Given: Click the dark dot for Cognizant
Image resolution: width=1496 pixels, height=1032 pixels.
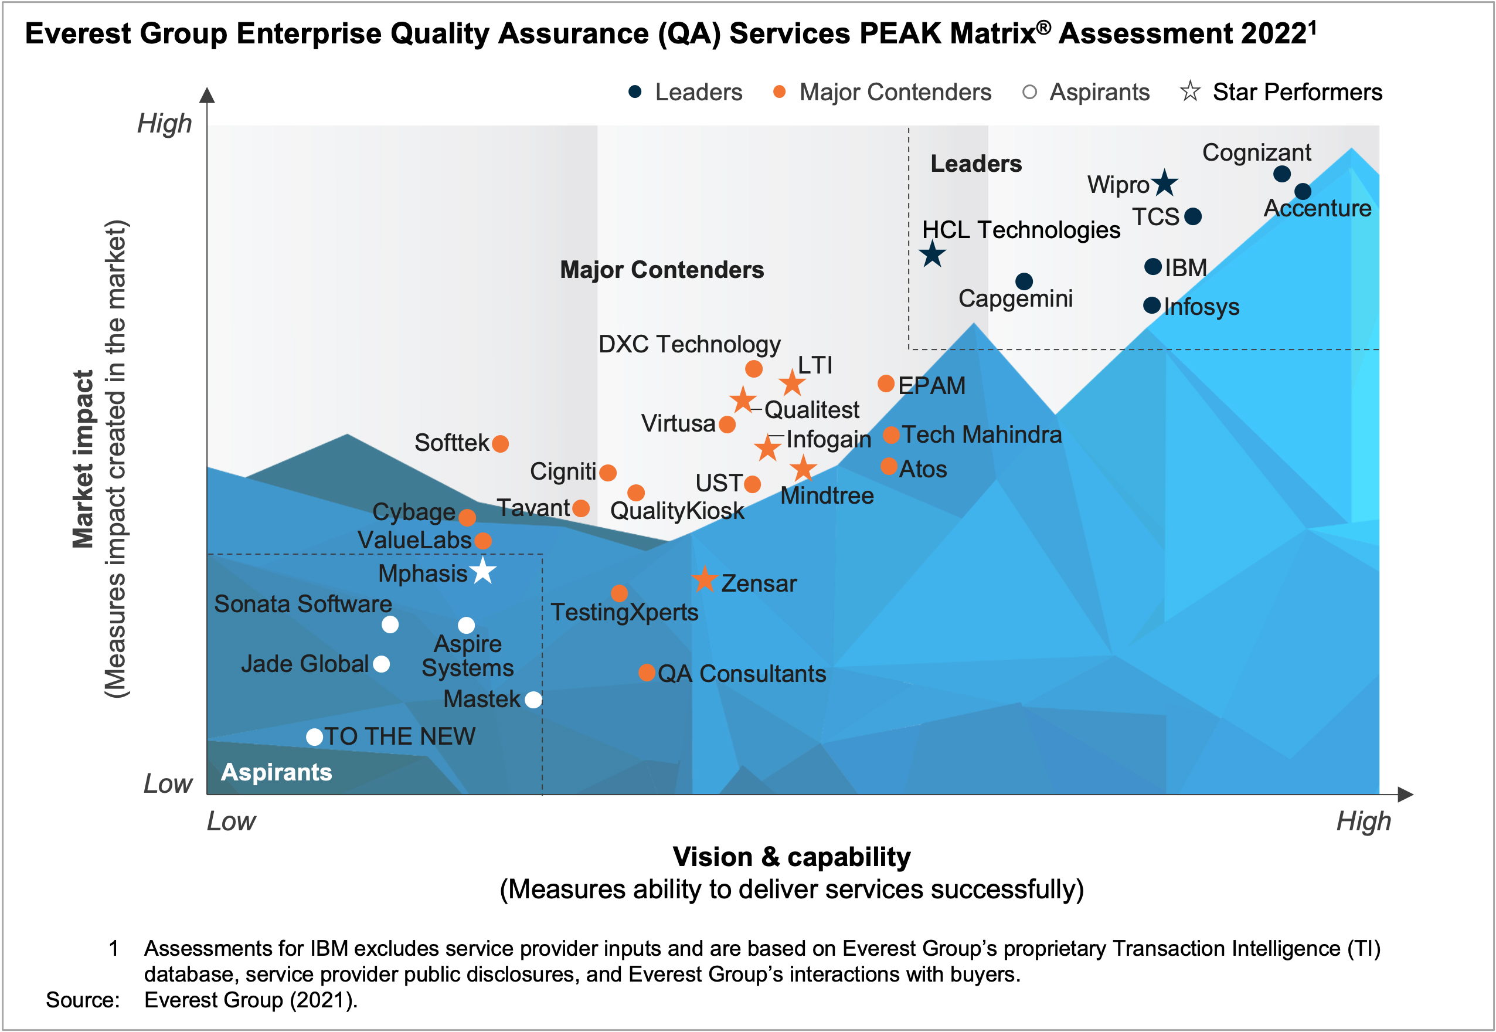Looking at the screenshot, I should pyautogui.click(x=1281, y=174).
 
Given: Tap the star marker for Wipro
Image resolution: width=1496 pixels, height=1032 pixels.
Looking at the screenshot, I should pyautogui.click(x=1164, y=184).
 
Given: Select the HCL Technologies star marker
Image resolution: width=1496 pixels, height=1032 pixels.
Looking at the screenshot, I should pyautogui.click(x=931, y=254).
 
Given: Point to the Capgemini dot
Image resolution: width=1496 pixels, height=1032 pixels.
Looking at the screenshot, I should pyautogui.click(x=1024, y=281).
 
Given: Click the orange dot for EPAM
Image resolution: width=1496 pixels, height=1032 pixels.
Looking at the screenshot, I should pyautogui.click(x=886, y=383).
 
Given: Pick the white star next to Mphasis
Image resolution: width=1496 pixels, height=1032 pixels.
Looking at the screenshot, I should pyautogui.click(x=483, y=572).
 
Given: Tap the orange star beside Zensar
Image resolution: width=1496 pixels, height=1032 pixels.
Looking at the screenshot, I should pyautogui.click(x=705, y=579).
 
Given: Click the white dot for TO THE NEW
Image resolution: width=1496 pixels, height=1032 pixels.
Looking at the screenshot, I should pyautogui.click(x=314, y=736).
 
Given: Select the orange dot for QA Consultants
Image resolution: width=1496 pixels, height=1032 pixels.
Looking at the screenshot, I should pyautogui.click(x=647, y=673).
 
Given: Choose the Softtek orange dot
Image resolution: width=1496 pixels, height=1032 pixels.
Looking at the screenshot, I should pyautogui.click(x=500, y=443).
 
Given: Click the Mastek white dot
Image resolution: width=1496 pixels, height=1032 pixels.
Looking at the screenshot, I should pyautogui.click(x=533, y=699).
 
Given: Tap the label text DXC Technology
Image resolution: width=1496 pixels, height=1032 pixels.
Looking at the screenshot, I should pyautogui.click(x=689, y=344).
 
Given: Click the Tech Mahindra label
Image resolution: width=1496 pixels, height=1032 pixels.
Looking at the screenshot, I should pyautogui.click(x=981, y=434).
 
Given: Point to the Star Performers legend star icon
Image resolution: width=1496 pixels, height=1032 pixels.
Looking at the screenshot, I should pyautogui.click(x=1189, y=92).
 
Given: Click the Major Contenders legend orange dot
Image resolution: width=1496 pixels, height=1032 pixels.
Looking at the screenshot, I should pyautogui.click(x=779, y=92).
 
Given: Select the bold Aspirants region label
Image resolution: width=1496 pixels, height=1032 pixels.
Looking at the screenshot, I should pyautogui.click(x=276, y=772).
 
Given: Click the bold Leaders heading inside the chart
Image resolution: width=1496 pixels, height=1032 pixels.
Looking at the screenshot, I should pyautogui.click(x=975, y=164).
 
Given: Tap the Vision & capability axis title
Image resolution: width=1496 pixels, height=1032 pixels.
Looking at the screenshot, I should pyautogui.click(x=791, y=857).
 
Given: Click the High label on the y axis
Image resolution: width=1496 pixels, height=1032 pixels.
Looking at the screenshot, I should pyautogui.click(x=164, y=123).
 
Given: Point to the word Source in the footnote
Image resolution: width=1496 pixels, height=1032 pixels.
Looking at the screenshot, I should pyautogui.click(x=82, y=1000).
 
